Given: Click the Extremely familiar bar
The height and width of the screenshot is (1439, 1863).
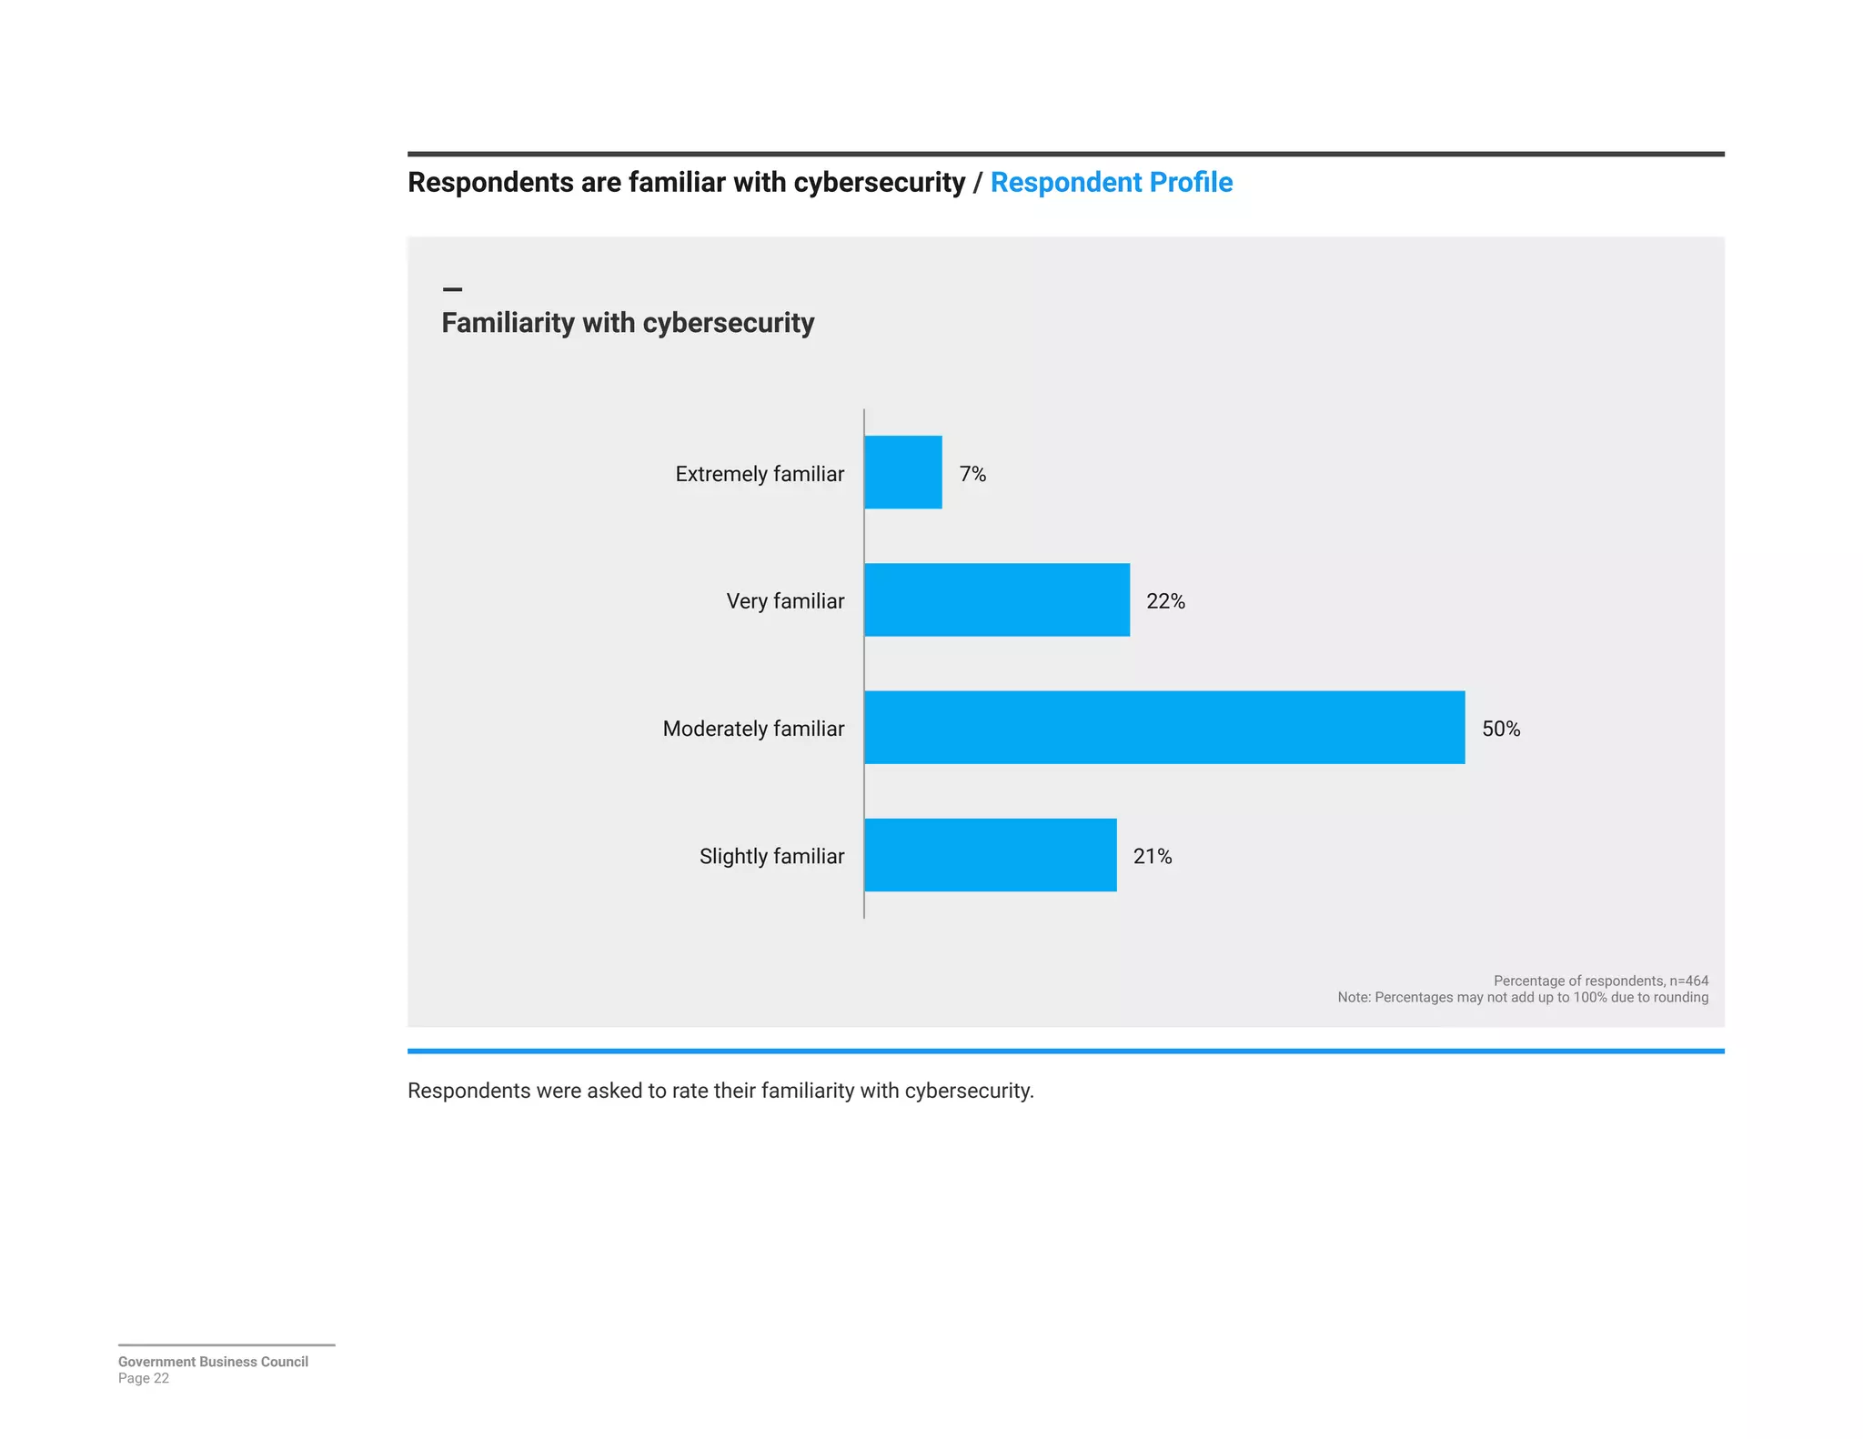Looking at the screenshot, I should tap(902, 472).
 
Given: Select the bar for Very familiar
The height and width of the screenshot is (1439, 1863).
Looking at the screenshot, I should tap(996, 599).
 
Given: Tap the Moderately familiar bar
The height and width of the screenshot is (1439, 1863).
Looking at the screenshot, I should tap(1163, 728).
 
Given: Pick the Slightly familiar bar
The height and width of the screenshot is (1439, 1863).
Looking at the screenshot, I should tap(990, 855).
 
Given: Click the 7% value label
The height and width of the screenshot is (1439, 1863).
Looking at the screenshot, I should tap(972, 474).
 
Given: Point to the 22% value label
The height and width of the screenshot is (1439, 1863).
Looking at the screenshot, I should tap(1164, 601).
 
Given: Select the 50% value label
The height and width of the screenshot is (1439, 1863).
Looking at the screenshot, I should tap(1500, 729).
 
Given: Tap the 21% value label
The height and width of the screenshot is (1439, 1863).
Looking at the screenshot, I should tap(1152, 856).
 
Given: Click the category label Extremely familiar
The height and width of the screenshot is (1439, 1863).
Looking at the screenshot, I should tap(759, 474).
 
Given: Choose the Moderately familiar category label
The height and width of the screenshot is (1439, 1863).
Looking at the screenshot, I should tap(752, 729).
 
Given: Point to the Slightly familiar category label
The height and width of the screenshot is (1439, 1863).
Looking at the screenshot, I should tap(770, 856).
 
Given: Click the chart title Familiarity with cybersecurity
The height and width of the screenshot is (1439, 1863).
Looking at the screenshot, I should tap(627, 323).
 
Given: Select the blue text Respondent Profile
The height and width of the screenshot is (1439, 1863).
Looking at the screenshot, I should tap(1111, 182).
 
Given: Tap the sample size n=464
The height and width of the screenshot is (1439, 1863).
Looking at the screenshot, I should tap(1688, 981).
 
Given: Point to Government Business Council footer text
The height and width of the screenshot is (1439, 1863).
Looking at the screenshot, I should tap(213, 1362).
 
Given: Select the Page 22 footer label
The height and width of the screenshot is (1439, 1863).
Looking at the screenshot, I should tap(143, 1378).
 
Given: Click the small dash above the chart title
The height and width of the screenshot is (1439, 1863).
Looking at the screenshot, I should tap(452, 289).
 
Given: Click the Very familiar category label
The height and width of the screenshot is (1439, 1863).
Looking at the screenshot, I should tap(784, 601).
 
